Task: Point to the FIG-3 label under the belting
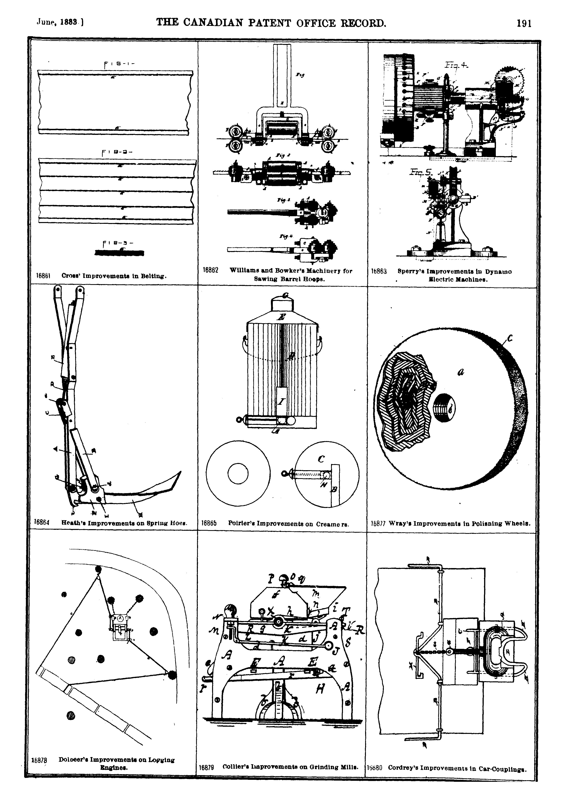(x=119, y=243)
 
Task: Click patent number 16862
(x=210, y=271)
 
